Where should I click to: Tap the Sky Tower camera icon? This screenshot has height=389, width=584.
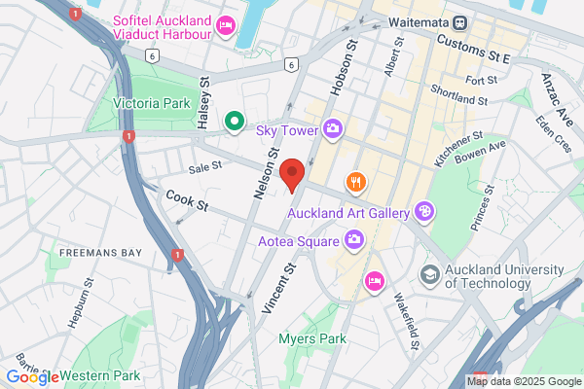pyautogui.click(x=333, y=128)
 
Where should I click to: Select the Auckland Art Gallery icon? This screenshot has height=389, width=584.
pyautogui.click(x=423, y=210)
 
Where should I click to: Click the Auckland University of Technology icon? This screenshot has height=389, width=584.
pyautogui.click(x=429, y=276)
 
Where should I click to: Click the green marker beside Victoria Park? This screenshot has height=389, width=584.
pyautogui.click(x=234, y=122)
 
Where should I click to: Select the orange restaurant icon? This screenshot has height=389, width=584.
pyautogui.click(x=358, y=181)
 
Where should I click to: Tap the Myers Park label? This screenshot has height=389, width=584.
pyautogui.click(x=308, y=338)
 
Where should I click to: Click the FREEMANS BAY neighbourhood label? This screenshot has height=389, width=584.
pyautogui.click(x=100, y=253)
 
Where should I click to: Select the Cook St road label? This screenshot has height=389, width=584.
pyautogui.click(x=187, y=201)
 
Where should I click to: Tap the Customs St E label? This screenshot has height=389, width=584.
pyautogui.click(x=475, y=44)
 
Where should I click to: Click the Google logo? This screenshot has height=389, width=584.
pyautogui.click(x=33, y=376)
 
